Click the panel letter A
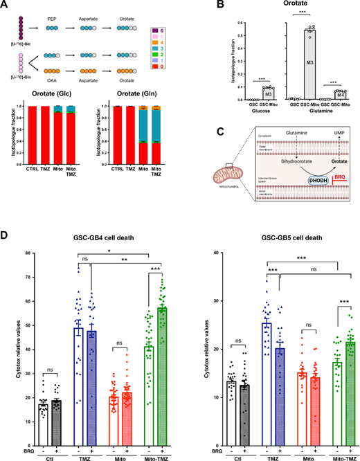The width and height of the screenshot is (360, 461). pyautogui.click(x=6, y=7)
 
